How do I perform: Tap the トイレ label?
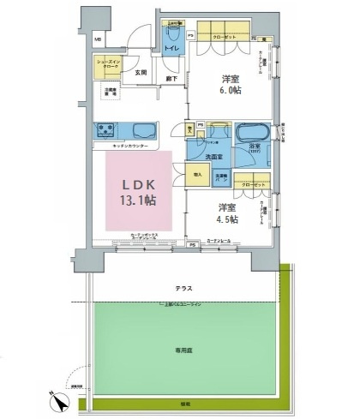171,49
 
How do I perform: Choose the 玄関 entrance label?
141,74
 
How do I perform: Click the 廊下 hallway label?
172,79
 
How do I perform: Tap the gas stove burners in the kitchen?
109,131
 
